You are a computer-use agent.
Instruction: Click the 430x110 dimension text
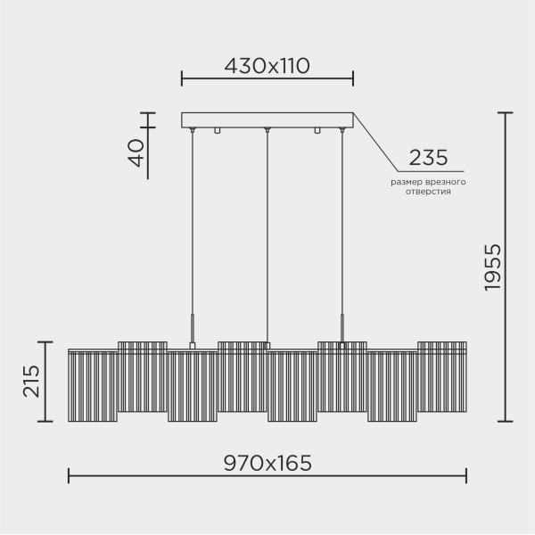point(266,66)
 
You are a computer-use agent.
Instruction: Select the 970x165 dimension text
point(267,463)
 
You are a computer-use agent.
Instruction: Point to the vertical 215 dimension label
point(30,382)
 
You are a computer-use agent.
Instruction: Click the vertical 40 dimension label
point(136,153)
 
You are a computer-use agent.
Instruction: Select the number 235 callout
point(427,158)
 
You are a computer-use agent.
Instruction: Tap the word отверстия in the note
point(427,192)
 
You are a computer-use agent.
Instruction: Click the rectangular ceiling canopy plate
point(267,119)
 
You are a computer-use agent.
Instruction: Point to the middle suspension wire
point(267,232)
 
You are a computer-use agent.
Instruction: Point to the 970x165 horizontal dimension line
point(267,477)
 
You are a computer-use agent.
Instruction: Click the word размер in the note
point(406,182)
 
